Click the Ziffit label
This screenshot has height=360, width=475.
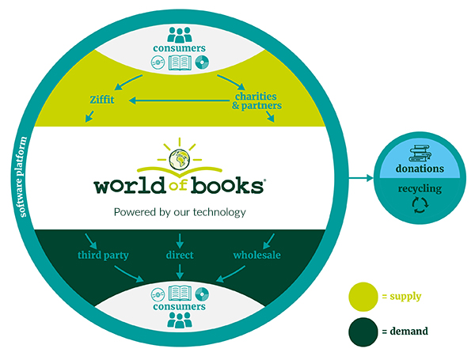104,100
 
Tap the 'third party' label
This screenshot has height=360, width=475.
103,256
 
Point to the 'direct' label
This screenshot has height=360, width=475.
180,256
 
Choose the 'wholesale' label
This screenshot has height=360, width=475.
256,256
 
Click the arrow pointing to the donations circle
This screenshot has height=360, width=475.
359,178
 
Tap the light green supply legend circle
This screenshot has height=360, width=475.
364,296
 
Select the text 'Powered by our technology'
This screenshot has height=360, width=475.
180,211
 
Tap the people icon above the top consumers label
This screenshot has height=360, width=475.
180,34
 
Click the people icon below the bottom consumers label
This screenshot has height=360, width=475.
180,320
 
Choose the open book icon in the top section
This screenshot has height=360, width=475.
180,61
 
